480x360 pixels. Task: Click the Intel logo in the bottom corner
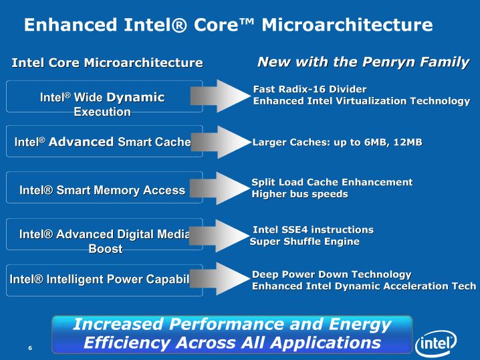[x=436, y=344]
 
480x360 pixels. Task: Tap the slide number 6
[x=30, y=348]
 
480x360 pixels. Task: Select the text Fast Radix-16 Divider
[x=310, y=89]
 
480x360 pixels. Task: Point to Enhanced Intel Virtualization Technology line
[x=361, y=101]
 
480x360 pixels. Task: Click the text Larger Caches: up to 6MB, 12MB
[x=337, y=142]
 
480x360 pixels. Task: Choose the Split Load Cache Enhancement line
[x=332, y=182]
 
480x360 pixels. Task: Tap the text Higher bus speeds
[x=299, y=194]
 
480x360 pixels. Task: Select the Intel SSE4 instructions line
[x=313, y=230]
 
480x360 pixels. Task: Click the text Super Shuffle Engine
[x=304, y=242]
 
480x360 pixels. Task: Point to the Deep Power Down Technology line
[x=332, y=274]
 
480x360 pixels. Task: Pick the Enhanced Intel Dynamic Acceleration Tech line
[x=364, y=286]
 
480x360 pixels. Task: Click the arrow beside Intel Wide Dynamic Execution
[x=220, y=96]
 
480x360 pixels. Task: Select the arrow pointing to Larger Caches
[x=221, y=142]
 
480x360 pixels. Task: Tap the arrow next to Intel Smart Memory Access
[x=220, y=188]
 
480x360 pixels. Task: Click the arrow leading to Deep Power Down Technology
[x=220, y=279]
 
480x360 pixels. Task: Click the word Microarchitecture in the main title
[x=347, y=25]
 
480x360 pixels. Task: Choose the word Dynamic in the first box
[x=136, y=98]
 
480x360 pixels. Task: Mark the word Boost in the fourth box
[x=106, y=248]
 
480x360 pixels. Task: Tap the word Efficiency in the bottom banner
[x=127, y=342]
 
